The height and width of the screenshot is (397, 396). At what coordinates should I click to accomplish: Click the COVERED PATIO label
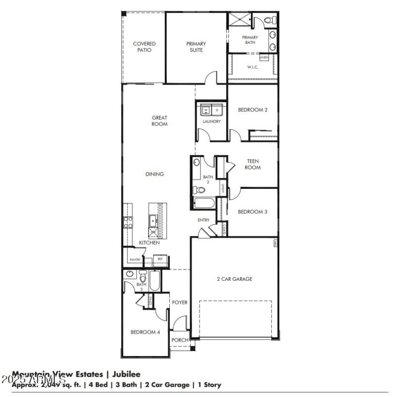(x=144, y=47)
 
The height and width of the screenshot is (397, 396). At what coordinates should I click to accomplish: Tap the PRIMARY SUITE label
(x=196, y=47)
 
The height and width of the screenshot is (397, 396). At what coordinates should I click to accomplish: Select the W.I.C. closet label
(x=252, y=67)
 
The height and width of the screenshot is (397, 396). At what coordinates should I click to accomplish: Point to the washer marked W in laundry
(x=206, y=109)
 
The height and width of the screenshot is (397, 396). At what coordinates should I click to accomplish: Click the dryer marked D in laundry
(x=217, y=109)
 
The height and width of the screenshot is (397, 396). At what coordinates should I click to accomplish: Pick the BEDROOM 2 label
(x=252, y=110)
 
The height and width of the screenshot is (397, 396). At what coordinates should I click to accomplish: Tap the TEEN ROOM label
(x=252, y=164)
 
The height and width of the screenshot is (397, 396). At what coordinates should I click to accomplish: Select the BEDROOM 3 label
(x=252, y=212)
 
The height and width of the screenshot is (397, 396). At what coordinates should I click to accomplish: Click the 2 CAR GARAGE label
(x=234, y=279)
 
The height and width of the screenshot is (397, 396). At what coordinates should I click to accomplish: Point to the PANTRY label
(x=135, y=260)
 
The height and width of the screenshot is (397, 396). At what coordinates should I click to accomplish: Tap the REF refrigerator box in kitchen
(x=160, y=259)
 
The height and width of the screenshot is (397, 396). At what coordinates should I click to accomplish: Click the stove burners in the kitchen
(x=128, y=222)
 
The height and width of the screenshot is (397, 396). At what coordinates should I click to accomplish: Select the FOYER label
(x=180, y=302)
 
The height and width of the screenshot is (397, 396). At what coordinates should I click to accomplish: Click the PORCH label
(x=180, y=340)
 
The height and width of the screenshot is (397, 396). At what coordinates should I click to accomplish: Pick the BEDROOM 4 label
(x=145, y=332)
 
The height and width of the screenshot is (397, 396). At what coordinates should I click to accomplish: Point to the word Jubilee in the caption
(x=125, y=374)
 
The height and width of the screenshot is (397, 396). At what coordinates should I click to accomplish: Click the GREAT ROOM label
(x=159, y=121)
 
